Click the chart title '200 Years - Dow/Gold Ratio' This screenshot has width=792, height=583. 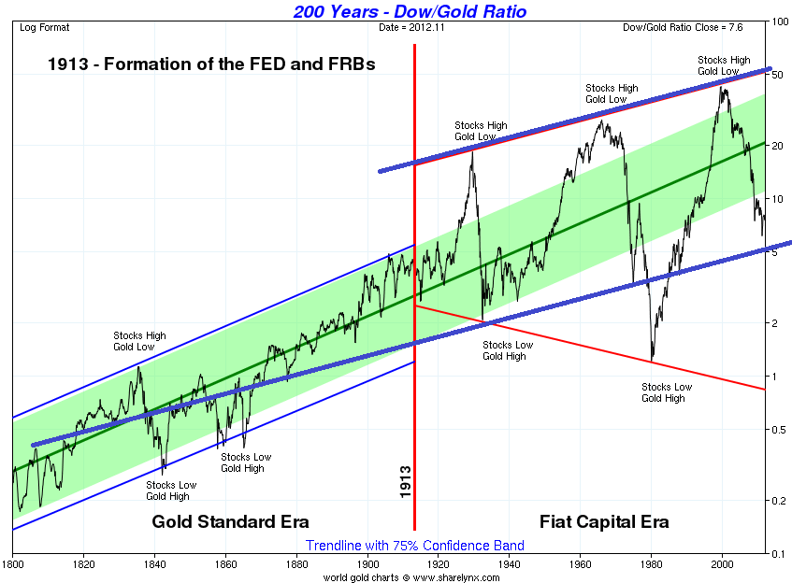(x=410, y=11)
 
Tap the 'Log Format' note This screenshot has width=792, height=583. (x=45, y=27)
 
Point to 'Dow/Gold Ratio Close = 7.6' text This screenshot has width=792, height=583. (x=683, y=27)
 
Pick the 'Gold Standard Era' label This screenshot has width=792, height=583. (x=230, y=521)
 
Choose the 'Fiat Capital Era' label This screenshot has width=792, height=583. (x=604, y=521)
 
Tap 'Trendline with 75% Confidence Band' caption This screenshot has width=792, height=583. (x=414, y=545)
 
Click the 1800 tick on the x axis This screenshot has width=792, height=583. (x=13, y=564)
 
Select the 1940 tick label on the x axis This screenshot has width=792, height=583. (x=510, y=564)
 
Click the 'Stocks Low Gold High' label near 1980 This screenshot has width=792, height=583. (x=666, y=392)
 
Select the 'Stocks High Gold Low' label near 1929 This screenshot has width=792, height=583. (x=481, y=131)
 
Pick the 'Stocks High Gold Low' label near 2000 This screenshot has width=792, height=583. (x=724, y=65)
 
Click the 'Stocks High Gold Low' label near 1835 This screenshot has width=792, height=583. (x=139, y=341)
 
